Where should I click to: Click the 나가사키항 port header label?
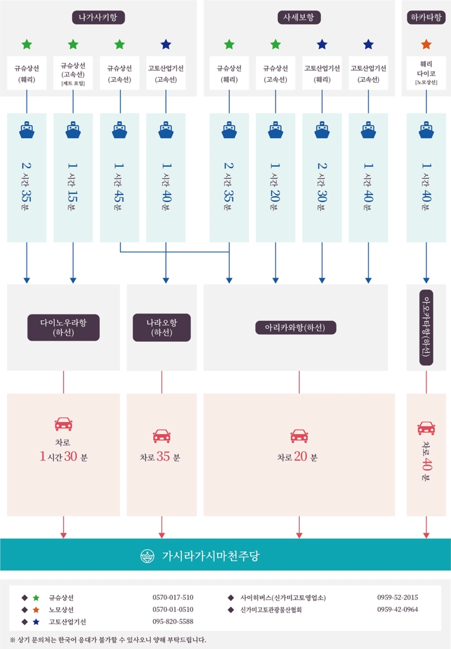pos(99,17)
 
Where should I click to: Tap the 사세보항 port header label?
pos(299,17)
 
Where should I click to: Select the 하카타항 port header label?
pos(426,17)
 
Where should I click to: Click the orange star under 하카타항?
pos(426,45)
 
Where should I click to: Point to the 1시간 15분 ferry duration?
pos(73,186)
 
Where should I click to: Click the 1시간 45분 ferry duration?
pos(119,186)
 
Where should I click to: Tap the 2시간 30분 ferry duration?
pos(322,186)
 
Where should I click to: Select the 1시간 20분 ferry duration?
pos(276,186)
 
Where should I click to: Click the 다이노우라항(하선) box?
pos(63,328)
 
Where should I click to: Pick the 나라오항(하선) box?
pos(162,328)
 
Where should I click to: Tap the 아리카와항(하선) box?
pos(295,328)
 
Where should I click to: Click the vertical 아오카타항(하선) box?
pos(426,328)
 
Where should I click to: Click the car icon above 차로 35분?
pos(162,436)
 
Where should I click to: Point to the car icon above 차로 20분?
pos(299,436)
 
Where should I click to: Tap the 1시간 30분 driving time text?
pos(63,457)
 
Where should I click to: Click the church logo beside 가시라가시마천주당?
pos(147,555)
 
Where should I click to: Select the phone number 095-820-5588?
pos(173,621)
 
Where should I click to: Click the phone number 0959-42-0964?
pos(397,610)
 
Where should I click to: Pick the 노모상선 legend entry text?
pos(61,610)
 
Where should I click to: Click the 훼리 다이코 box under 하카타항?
pos(426,73)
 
